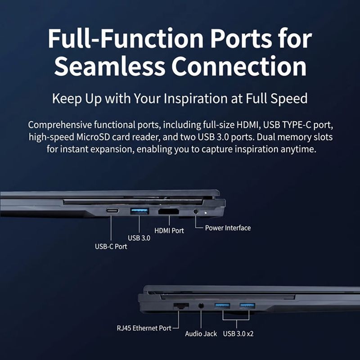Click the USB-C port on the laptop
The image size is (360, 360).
(112, 211)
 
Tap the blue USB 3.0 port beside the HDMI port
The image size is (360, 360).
(139, 211)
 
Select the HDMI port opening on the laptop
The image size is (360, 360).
(168, 211)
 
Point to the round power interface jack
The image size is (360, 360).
(196, 211)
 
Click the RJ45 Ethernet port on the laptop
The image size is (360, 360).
(181, 306)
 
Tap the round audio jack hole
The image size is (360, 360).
(201, 306)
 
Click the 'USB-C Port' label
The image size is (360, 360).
(111, 247)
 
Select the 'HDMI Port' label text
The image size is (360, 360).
(169, 230)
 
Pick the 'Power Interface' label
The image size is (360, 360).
(228, 228)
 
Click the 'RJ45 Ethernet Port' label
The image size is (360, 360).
(144, 328)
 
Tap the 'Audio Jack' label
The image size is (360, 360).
(201, 333)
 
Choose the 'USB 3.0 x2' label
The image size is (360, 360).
(238, 333)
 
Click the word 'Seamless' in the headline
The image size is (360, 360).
(109, 66)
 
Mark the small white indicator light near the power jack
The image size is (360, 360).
(206, 212)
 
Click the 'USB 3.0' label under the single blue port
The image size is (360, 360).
(139, 238)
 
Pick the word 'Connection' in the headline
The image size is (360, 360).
(239, 66)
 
